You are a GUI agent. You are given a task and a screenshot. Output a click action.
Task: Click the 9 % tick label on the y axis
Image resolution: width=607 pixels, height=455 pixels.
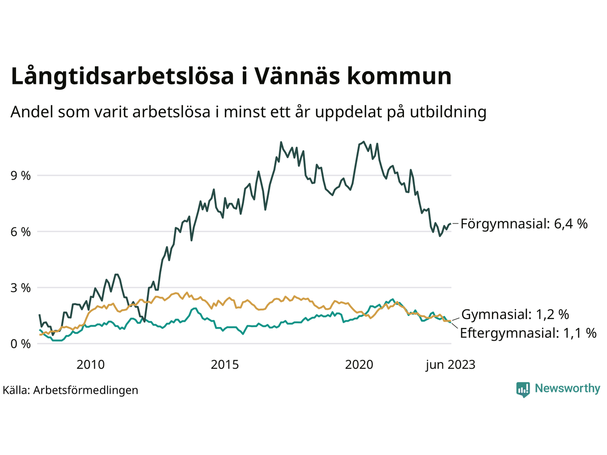pyautogui.click(x=21, y=176)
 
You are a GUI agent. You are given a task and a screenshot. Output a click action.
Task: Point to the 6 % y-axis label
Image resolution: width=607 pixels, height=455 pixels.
pyautogui.click(x=21, y=232)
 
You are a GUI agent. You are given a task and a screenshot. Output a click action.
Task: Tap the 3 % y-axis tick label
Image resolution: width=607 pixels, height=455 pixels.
pyautogui.click(x=21, y=288)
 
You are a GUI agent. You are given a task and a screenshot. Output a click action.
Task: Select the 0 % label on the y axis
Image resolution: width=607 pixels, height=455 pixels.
pyautogui.click(x=21, y=344)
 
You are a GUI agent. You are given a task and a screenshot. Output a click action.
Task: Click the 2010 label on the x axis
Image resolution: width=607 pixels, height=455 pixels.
pyautogui.click(x=91, y=364)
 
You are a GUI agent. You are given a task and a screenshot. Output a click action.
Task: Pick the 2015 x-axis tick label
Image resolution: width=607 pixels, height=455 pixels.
pyautogui.click(x=225, y=364)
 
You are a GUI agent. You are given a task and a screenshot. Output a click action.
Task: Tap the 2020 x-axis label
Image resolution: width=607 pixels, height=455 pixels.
pyautogui.click(x=359, y=364)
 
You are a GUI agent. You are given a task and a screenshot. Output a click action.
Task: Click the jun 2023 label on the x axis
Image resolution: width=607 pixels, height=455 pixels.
pyautogui.click(x=450, y=364)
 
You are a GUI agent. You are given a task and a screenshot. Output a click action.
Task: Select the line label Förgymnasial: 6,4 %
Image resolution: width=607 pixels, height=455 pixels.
pyautogui.click(x=524, y=223)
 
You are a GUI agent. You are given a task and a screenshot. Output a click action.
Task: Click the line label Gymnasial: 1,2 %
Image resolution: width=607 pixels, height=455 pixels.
pyautogui.click(x=515, y=314)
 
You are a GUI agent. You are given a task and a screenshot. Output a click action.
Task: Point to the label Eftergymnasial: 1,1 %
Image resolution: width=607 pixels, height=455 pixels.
pyautogui.click(x=528, y=333)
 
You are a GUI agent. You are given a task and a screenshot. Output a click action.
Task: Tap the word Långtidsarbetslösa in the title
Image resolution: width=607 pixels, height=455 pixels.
pyautogui.click(x=122, y=77)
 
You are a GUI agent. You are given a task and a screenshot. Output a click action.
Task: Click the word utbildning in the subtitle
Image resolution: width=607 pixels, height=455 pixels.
pyautogui.click(x=448, y=112)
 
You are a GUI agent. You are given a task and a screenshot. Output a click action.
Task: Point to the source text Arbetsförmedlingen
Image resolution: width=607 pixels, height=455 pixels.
pyautogui.click(x=86, y=390)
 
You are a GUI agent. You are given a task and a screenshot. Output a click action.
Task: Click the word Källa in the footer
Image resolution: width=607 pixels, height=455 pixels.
pyautogui.click(x=16, y=390)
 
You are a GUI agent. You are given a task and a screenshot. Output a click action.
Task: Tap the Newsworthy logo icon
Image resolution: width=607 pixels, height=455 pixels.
pyautogui.click(x=523, y=389)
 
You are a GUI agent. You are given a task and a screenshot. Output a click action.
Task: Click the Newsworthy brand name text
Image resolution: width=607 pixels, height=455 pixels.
pyautogui.click(x=567, y=389)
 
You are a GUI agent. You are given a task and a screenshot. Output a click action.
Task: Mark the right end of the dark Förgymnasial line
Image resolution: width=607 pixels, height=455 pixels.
pyautogui.click(x=450, y=223)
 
